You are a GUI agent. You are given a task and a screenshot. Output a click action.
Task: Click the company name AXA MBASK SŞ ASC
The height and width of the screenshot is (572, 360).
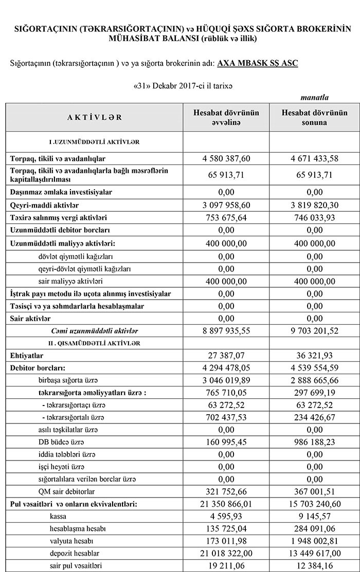(x=258, y=63)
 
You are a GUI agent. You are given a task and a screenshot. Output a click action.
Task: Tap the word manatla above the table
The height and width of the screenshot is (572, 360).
(x=315, y=97)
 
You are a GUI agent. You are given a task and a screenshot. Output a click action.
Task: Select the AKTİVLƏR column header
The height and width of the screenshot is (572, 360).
(x=95, y=117)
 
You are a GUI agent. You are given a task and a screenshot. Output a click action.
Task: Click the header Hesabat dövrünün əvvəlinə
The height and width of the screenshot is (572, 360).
(x=226, y=117)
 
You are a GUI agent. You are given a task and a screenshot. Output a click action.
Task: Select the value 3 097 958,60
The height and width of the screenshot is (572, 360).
(x=226, y=205)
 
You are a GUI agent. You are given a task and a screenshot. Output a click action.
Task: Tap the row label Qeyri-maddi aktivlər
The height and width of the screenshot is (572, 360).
(x=42, y=205)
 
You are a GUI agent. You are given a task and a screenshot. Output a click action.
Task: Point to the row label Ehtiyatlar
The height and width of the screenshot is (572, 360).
(x=27, y=355)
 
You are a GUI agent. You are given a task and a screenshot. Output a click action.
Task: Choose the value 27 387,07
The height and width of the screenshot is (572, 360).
(x=226, y=355)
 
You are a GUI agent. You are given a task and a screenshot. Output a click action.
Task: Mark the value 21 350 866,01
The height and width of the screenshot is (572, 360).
(x=226, y=504)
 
